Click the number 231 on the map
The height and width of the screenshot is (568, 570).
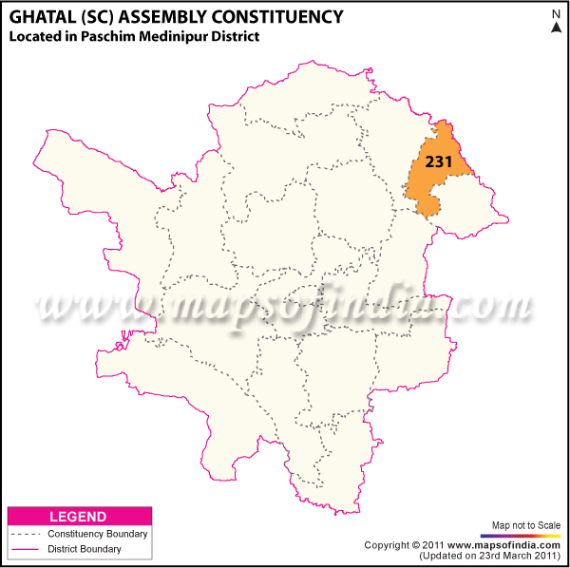click(438, 161)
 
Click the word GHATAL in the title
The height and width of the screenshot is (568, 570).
click(41, 16)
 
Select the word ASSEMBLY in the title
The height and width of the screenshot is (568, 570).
click(164, 16)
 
